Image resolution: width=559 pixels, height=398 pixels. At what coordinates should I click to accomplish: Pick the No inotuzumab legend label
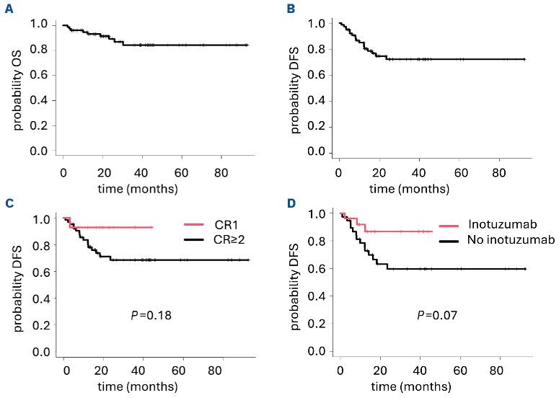point(495,240)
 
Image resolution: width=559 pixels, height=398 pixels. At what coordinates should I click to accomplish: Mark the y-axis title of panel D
point(296,283)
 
